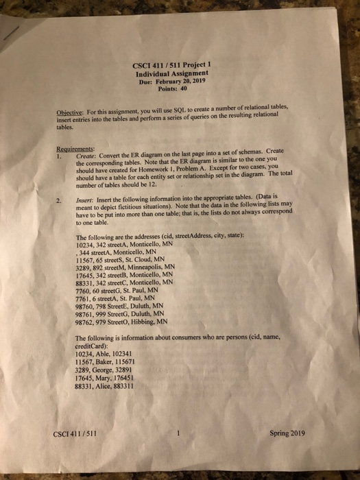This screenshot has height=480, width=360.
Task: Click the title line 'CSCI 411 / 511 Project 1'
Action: coord(173,67)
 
